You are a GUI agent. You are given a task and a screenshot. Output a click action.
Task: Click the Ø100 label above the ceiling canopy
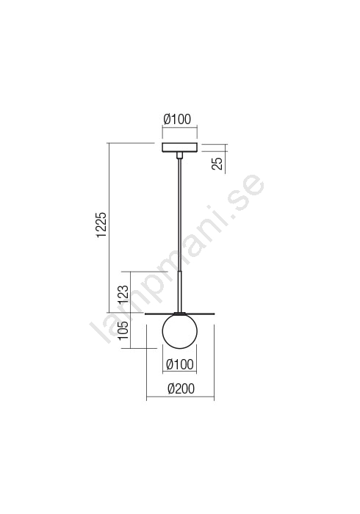[177, 119]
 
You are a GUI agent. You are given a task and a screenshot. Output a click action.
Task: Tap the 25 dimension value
[217, 163]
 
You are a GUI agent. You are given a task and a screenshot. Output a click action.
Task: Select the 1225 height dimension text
[102, 225]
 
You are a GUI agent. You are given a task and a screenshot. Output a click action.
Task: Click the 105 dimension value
[123, 330]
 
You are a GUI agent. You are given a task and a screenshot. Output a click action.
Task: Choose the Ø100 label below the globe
[180, 364]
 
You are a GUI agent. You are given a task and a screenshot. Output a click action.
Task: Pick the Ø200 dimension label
[181, 388]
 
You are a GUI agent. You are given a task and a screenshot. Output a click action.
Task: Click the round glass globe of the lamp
[180, 330]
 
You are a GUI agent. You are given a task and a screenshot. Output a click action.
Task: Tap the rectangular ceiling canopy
[180, 148]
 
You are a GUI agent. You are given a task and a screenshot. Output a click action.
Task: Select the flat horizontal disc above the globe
[180, 314]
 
